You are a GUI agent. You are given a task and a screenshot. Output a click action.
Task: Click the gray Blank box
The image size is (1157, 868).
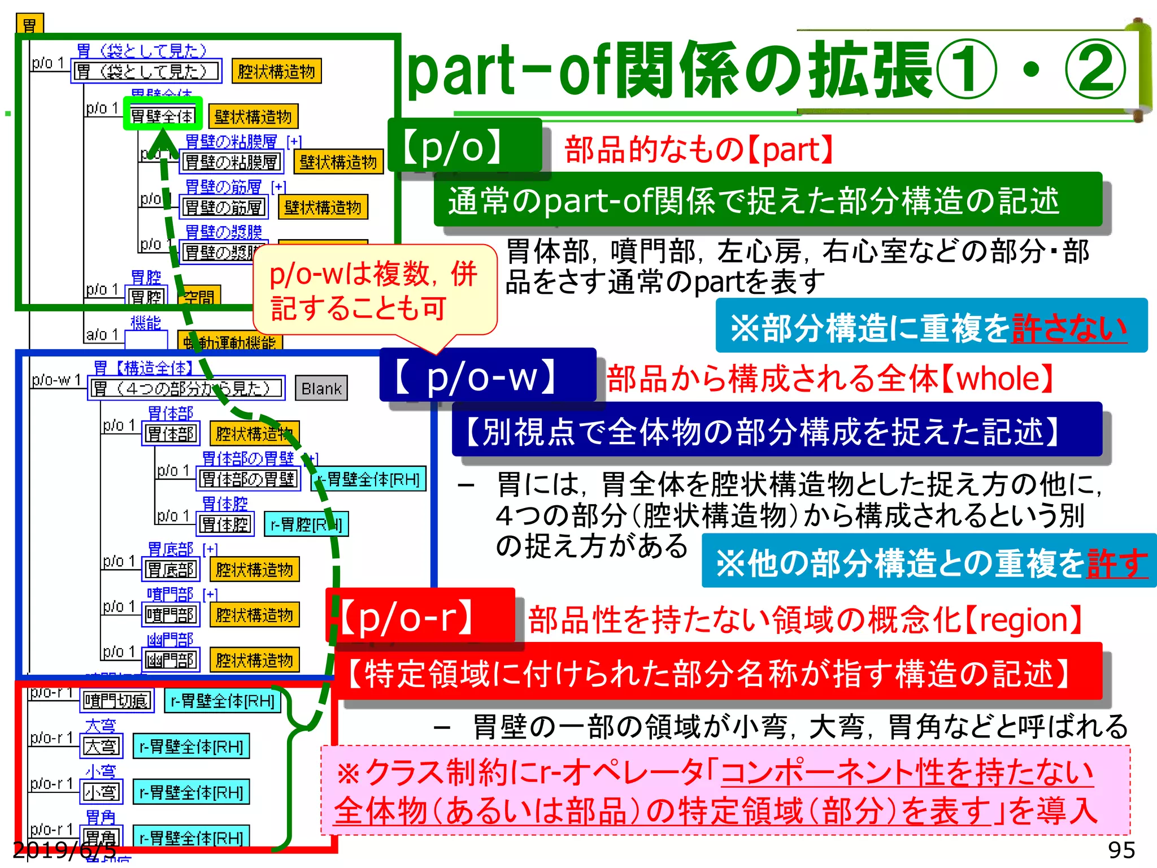[321, 389]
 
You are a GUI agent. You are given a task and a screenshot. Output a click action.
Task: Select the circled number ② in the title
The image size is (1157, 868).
[1095, 71]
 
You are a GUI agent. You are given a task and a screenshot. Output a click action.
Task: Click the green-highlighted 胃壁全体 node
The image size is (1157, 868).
[163, 116]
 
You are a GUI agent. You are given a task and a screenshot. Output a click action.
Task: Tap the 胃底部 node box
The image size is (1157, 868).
[171, 570]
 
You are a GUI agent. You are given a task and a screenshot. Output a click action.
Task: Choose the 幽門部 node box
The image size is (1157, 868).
[171, 660]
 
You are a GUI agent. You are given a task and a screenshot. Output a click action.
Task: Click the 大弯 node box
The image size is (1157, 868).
[102, 747]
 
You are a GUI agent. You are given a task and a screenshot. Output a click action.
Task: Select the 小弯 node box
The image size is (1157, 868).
[102, 792]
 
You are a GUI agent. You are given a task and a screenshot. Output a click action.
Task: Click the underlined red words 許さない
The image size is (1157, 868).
[1069, 327]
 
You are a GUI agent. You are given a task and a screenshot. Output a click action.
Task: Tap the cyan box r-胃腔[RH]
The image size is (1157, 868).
[306, 524]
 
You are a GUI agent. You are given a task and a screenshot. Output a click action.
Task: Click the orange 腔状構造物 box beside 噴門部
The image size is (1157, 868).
[254, 615]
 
